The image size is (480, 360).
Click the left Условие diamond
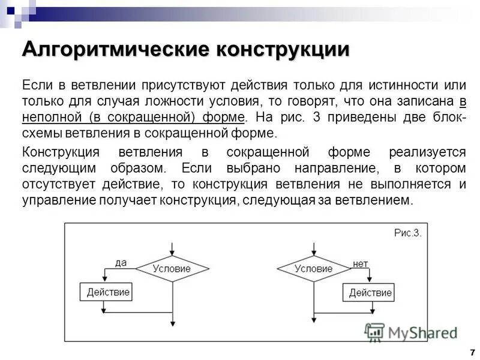(x=172, y=268)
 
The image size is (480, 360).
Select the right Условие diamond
(x=314, y=268)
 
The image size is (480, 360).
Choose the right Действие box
(x=370, y=293)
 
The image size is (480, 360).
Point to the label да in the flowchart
(x=121, y=262)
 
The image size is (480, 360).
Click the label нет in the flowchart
(x=360, y=263)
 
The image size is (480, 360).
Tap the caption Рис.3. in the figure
(x=408, y=233)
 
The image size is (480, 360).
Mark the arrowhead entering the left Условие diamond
(x=172, y=253)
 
